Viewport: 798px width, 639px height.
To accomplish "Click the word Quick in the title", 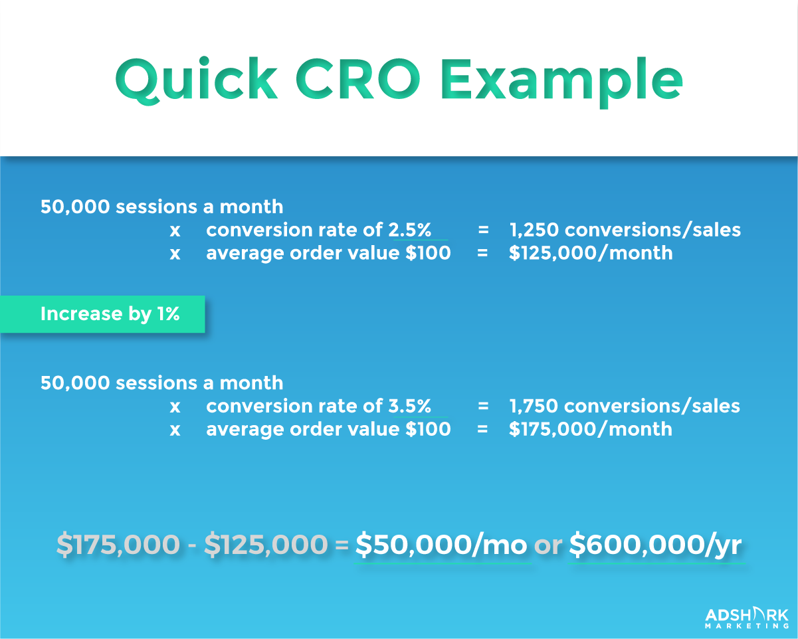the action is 197,80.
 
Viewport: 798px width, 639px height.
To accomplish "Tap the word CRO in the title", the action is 358,79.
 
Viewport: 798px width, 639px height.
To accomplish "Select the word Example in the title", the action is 561,82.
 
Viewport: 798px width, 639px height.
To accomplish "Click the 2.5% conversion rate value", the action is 410,230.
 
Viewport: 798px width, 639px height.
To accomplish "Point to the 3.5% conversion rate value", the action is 410,406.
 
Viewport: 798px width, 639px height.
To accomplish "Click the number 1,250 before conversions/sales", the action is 534,230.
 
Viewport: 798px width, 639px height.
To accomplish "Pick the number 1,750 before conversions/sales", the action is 534,407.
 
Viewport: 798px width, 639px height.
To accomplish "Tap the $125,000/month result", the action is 591,253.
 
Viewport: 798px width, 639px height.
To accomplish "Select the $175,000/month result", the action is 591,429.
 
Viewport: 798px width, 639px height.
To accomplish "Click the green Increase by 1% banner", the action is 102,314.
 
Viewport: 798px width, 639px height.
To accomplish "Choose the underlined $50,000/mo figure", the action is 441,545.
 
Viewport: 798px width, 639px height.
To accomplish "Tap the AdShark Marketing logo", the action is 747,618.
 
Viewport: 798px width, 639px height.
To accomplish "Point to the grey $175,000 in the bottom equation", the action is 118,545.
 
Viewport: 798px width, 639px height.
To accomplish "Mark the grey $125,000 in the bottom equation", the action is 266,545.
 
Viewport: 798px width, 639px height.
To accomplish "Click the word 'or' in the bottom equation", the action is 548,546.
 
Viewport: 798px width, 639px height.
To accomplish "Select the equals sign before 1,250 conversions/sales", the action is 483,230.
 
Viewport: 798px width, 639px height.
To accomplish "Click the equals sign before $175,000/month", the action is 482,429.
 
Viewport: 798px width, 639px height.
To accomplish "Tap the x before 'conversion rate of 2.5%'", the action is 175,231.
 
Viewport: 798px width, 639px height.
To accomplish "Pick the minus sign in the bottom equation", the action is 192,545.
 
